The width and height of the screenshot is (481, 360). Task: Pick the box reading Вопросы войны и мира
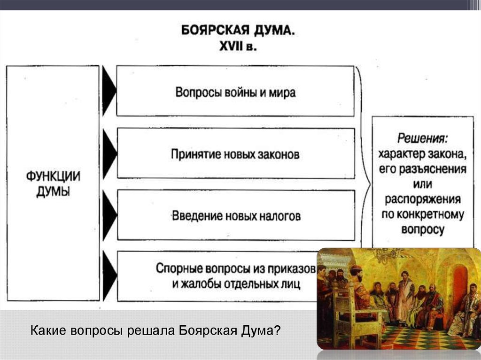(x=235, y=91)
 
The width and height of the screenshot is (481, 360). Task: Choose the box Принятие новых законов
(x=235, y=154)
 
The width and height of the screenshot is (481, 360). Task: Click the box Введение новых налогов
(x=235, y=216)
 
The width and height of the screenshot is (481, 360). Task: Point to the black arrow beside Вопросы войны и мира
(x=109, y=91)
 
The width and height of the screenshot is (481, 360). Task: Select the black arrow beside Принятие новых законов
(x=109, y=153)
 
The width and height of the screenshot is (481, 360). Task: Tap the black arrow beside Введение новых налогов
(x=109, y=215)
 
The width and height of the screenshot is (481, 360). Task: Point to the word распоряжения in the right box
(x=422, y=199)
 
